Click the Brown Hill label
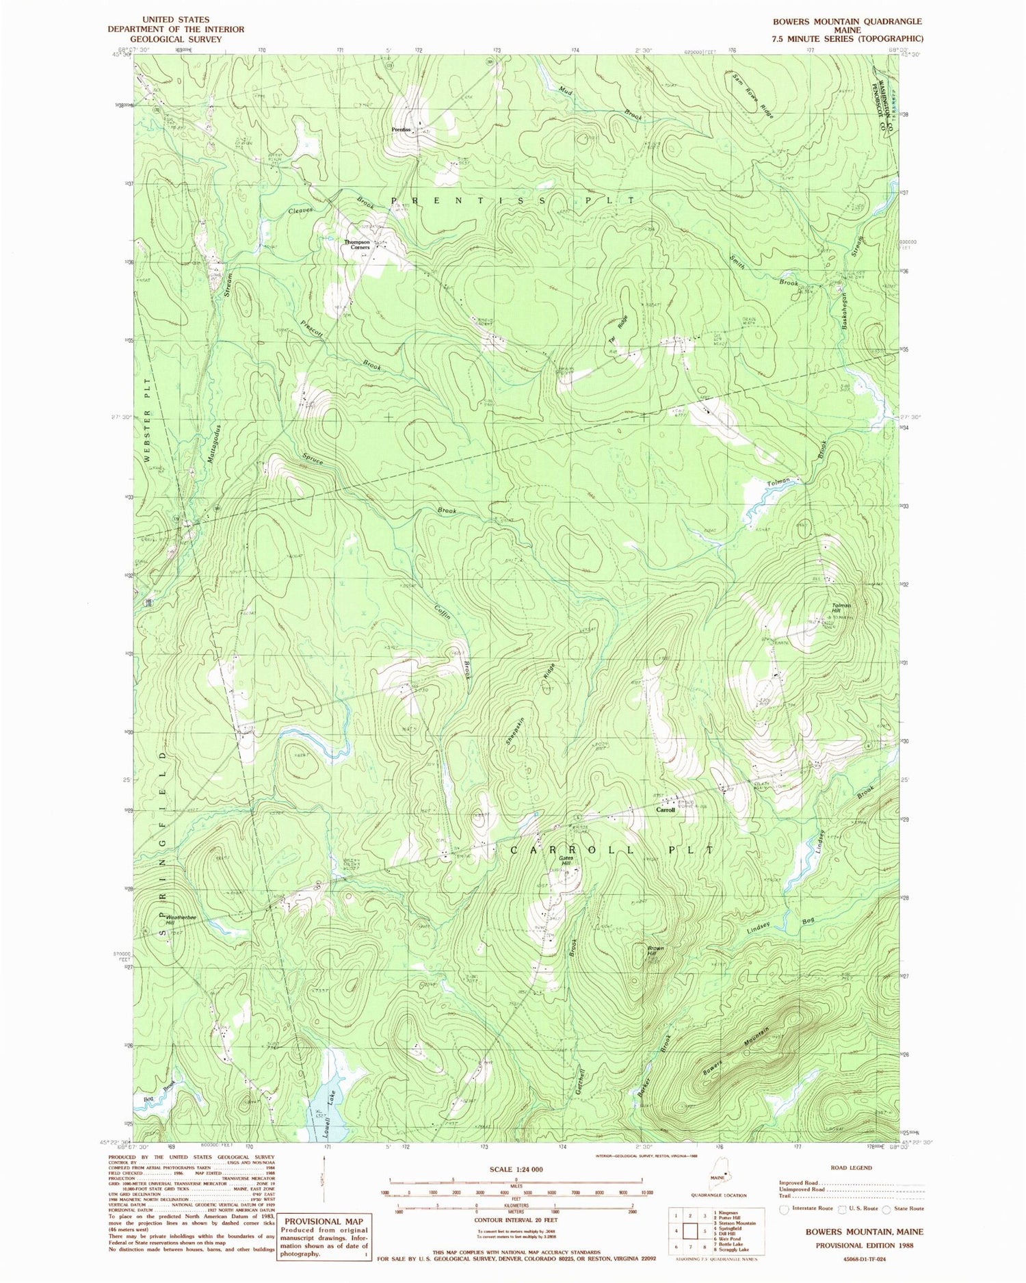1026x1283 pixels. point(655,950)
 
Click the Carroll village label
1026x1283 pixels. point(666,809)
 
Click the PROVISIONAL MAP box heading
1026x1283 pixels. point(324,1221)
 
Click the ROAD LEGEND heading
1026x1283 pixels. point(852,1167)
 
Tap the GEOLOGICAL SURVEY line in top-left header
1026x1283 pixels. point(176,39)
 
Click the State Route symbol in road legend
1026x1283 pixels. point(886,1208)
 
